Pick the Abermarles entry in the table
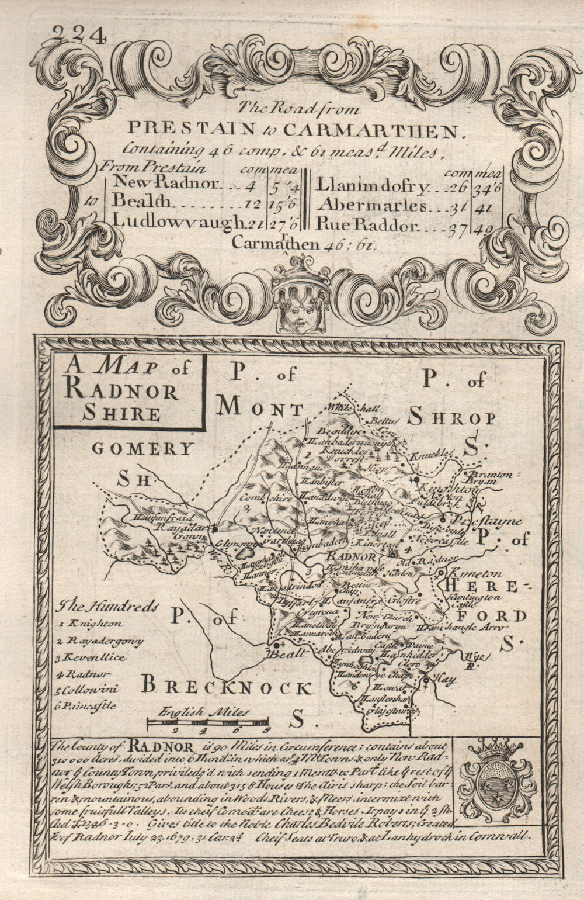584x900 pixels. [x=369, y=205]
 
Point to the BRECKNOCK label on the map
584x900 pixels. [x=227, y=687]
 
